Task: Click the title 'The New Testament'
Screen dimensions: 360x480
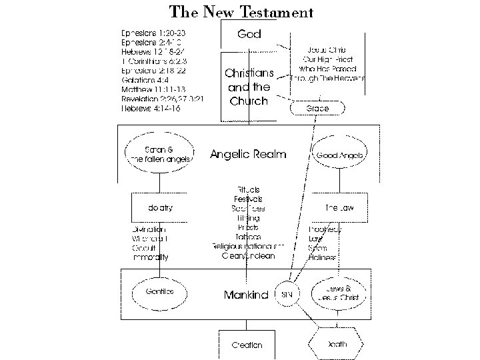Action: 241,12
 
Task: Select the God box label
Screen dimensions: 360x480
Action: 249,33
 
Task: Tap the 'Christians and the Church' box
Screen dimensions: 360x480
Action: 249,87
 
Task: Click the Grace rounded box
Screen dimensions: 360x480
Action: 317,108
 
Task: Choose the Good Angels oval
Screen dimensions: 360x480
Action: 340,154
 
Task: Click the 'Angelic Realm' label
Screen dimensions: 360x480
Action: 248,154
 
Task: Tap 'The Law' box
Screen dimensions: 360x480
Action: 339,208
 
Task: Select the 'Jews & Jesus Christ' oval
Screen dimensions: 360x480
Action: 339,291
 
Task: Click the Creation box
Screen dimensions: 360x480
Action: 247,345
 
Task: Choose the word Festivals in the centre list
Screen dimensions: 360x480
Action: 248,199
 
